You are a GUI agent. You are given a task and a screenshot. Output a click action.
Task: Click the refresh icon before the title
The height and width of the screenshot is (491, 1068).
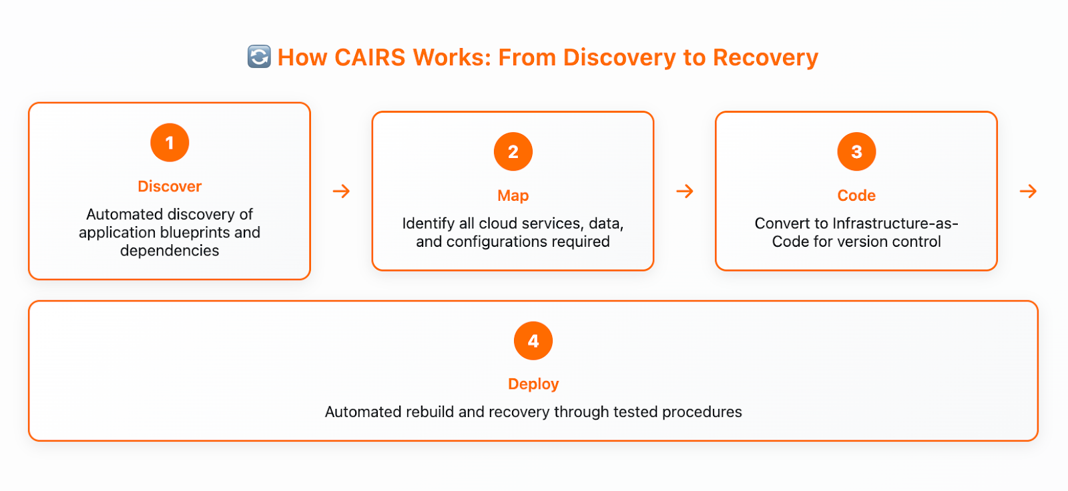point(260,57)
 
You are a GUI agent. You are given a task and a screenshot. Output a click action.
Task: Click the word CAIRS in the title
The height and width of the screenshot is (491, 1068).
point(370,57)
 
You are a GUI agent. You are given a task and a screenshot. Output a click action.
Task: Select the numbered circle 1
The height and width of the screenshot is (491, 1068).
point(170,143)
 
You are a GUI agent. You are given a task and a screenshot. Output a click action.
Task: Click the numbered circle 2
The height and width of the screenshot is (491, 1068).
point(513,151)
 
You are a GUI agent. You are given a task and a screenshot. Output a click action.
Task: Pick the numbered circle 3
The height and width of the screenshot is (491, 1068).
point(856,151)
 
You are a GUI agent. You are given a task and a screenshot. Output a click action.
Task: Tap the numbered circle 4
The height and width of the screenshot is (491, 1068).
point(533,341)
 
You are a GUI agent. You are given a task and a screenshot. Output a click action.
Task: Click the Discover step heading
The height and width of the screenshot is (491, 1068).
point(170,186)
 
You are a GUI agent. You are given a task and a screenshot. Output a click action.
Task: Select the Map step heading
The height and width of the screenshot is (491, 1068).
point(513,196)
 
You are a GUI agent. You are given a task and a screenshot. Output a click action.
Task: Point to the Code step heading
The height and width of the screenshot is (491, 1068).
point(856,195)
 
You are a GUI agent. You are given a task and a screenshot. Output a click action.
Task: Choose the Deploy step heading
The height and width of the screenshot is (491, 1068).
point(533,384)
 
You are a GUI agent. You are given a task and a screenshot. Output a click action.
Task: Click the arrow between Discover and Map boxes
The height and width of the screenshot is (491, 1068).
point(341,191)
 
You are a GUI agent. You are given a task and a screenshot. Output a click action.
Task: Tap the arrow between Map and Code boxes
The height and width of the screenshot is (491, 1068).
point(685,191)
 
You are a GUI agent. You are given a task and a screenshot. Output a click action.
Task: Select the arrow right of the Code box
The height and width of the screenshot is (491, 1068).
point(1028,191)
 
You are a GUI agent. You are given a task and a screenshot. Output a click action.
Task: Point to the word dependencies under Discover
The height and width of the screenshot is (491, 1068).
point(170,251)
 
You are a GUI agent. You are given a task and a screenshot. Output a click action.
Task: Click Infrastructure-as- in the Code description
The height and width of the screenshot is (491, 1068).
point(895,223)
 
